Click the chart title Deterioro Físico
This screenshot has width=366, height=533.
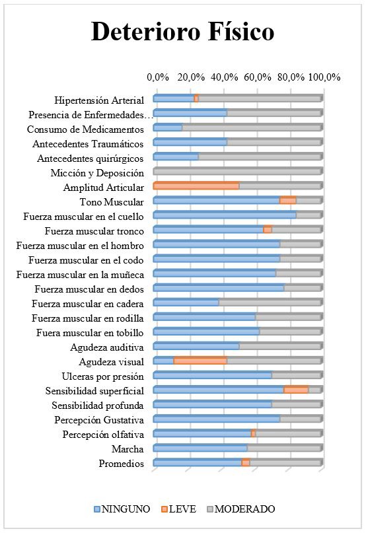pos(182,32)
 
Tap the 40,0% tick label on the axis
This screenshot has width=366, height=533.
pos(224,77)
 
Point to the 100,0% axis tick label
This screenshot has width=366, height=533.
pos(324,77)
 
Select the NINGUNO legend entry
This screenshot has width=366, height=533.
pos(122,509)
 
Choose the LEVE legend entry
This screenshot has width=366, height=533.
pos(179,509)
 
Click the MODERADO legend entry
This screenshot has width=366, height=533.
pos(241,509)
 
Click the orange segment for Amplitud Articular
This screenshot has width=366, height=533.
pos(196,186)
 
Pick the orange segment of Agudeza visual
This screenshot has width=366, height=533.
pos(200,361)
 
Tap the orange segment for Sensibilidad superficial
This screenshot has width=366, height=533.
pos(296,390)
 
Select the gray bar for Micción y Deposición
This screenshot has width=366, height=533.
pos(237,171)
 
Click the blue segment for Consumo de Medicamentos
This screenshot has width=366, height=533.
pos(168,128)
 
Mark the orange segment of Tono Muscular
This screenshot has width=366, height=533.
pos(288,201)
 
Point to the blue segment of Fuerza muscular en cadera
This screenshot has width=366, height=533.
pos(186,302)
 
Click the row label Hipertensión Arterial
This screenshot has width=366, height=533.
pos(99,100)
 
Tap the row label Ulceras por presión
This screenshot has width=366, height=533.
pos(102,376)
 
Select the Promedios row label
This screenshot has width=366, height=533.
pos(122,464)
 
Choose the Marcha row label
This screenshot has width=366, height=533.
pos(128,449)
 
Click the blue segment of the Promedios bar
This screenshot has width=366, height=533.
pos(198,462)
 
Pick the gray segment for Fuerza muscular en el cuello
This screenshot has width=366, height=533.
pos(309,215)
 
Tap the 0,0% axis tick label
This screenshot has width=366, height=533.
pos(158,77)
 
